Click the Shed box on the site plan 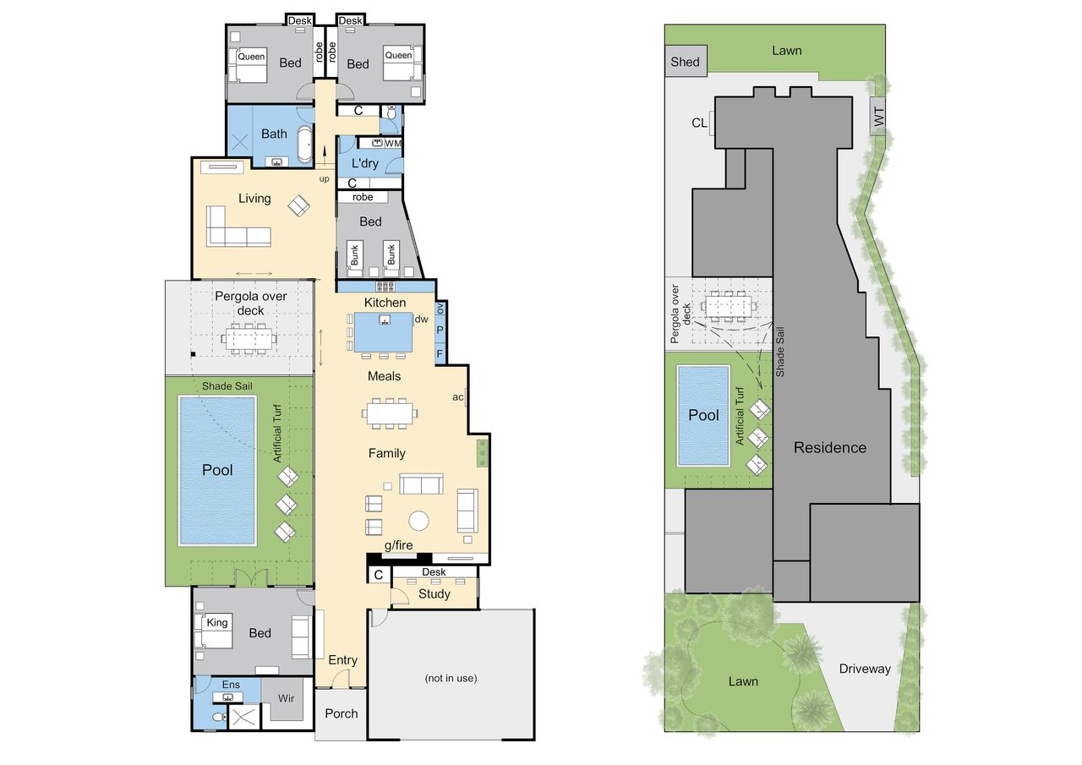pos(686,61)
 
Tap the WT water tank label pos(878,117)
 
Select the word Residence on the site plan pos(830,448)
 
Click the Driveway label pos(865,669)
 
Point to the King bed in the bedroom pos(214,631)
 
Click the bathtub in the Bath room pos(304,145)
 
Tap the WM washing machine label pos(393,144)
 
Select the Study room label pos(434,594)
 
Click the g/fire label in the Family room pos(398,545)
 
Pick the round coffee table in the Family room pos(418,521)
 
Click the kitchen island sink pos(385,319)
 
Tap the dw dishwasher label pos(421,319)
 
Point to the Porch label pos(341,713)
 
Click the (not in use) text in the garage pos(451,678)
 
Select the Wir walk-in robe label pos(286,698)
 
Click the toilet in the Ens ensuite pos(219,717)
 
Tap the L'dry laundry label pos(364,164)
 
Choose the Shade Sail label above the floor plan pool pos(227,385)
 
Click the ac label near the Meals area pos(457,397)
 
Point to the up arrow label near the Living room pos(324,178)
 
